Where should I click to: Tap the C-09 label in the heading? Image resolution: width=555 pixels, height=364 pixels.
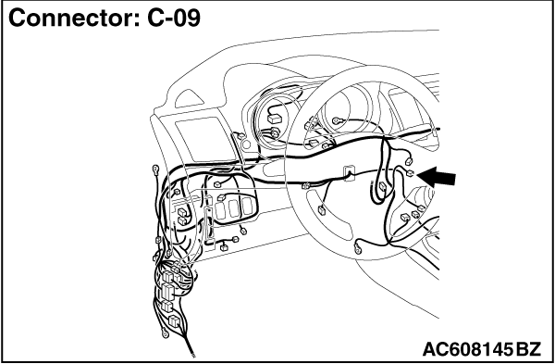point(174,18)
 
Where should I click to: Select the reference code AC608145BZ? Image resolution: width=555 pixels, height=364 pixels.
point(482,349)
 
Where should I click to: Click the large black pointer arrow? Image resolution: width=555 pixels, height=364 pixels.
point(437,177)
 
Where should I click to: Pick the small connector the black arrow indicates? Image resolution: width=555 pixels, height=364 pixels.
point(410,173)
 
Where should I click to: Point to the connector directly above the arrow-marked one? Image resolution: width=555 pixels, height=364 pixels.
point(409,161)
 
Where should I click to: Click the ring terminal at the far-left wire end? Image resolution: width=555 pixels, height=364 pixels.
point(155,169)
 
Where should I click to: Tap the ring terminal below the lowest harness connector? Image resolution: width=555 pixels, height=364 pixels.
point(165,333)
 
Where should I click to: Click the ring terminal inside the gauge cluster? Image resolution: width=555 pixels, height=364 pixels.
point(336,120)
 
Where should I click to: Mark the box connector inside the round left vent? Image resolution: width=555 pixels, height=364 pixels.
point(275,119)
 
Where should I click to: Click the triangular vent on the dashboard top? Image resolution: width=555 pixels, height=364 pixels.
point(190,98)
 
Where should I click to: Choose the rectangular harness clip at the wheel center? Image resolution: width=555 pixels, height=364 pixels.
point(348,173)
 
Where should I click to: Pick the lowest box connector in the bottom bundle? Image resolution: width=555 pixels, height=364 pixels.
point(174,320)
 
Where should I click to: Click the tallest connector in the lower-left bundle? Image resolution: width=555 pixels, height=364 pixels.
point(167,292)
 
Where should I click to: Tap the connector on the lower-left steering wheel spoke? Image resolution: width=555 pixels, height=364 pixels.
point(322,210)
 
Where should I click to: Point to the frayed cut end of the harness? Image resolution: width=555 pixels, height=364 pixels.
point(192,355)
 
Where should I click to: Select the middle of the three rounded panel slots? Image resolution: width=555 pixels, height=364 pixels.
point(233,208)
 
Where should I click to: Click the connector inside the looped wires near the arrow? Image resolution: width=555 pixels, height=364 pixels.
point(383,186)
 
